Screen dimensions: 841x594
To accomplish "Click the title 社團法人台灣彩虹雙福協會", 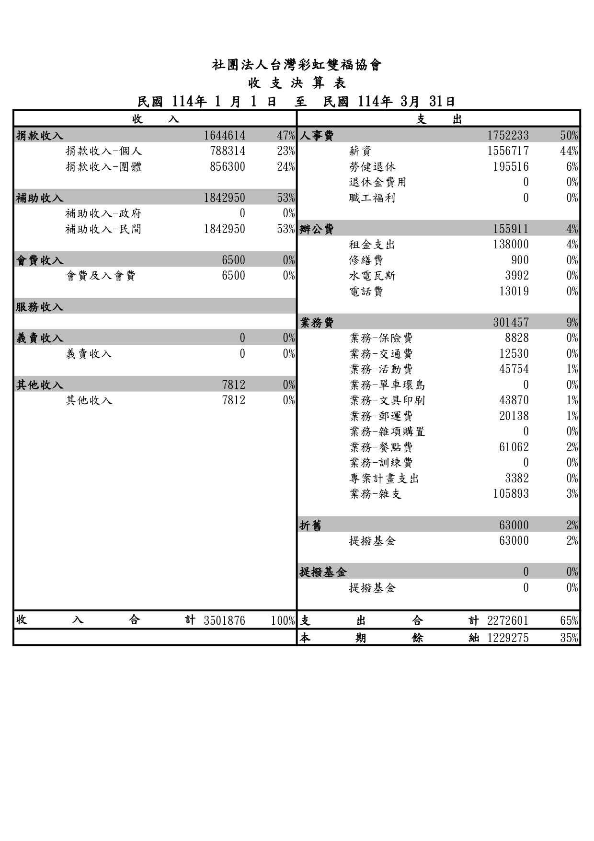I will pos(297,65).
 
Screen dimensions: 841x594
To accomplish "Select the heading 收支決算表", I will pos(297,83).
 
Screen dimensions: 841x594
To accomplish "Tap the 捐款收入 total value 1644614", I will pos(224,136).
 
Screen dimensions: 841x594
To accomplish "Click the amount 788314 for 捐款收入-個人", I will pos(228,152).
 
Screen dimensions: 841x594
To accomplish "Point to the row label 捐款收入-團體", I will pos(103,167).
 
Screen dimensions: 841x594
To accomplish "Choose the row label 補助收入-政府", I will pos(103,213).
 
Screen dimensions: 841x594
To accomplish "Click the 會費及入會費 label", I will pos(101,276).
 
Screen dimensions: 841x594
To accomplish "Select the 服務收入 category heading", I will pos(40,307).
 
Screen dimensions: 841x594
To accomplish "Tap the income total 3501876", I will pos(224,621).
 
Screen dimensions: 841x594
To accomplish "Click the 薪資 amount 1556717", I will pos(508,152).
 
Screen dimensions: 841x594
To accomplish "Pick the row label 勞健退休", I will pos(372,167).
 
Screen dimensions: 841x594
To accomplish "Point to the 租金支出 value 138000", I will pos(511,245).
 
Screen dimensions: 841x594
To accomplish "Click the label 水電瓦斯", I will pos(372,276).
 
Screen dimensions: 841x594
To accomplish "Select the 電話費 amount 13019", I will pos(514,292).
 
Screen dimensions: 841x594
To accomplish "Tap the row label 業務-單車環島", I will pos(387,385).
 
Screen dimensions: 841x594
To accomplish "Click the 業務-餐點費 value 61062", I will pos(514,447).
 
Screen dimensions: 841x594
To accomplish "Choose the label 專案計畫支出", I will pos(384,479).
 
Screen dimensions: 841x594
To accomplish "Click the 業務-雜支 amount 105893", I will pos(511,494).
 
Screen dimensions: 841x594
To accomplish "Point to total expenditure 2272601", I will pos(508,621).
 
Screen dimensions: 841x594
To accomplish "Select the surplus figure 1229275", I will pos(508,638).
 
